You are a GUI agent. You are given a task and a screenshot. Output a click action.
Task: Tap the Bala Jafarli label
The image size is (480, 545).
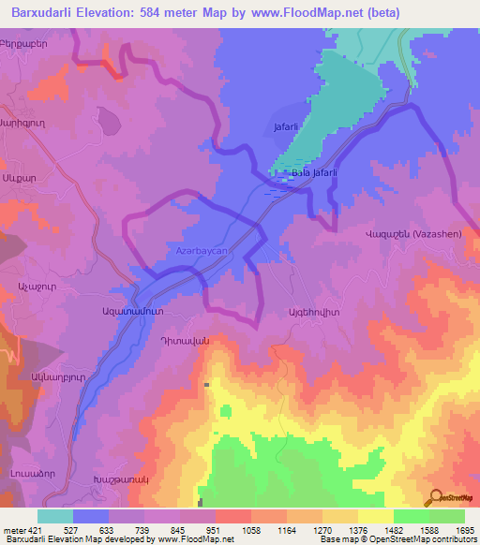click(313, 172)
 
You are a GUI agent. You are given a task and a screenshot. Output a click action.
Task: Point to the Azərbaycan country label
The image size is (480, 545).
click(203, 252)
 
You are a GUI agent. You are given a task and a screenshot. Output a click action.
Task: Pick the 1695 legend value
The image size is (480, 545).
click(464, 529)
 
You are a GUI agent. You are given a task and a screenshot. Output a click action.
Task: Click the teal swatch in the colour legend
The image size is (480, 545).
click(55, 516)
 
